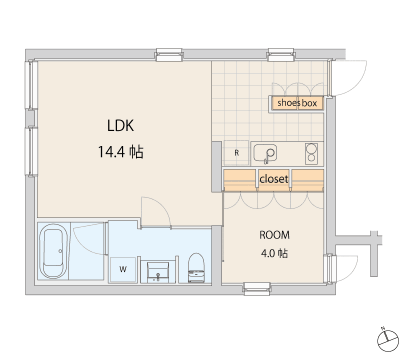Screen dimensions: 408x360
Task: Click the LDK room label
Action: coord(120,125)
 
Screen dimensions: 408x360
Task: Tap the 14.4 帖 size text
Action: coord(120,152)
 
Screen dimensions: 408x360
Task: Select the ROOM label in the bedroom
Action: coord(274,235)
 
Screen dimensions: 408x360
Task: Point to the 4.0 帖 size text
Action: coord(274,253)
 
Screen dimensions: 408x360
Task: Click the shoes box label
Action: coord(297,103)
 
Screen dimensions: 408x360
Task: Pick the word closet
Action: coord(273,179)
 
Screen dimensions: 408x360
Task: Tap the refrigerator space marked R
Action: coord(236,153)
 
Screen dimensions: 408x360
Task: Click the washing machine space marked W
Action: coord(123,269)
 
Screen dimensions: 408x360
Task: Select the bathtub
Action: coord(53,251)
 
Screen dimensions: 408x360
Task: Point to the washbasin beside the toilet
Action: coord(158,272)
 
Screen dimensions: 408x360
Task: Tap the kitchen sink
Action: coord(265,153)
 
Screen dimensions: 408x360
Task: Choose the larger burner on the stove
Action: coord(311,149)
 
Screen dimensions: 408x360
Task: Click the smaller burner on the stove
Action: coord(311,158)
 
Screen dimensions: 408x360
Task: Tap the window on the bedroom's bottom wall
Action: coord(257,288)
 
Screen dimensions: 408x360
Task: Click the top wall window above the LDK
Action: coord(169,54)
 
